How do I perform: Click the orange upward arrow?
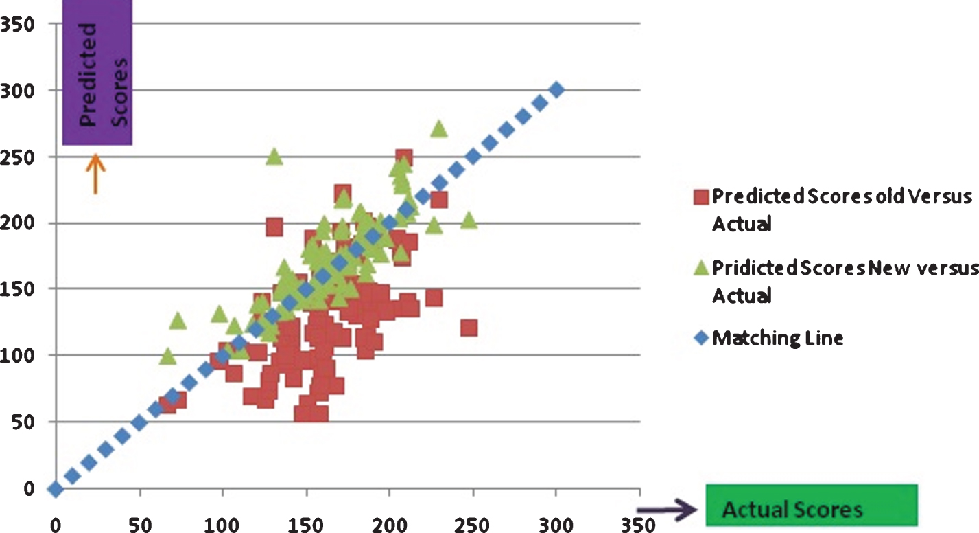click(95, 172)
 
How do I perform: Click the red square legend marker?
click(700, 197)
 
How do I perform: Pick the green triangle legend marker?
click(700, 269)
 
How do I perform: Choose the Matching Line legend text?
click(778, 338)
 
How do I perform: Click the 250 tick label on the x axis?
click(473, 525)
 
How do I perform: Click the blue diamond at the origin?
click(55, 489)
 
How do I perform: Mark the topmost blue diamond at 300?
click(556, 90)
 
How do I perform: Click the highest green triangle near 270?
click(439, 128)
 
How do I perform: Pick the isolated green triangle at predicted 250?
click(274, 157)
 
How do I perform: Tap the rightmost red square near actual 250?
click(469, 328)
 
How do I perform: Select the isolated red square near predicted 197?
click(274, 227)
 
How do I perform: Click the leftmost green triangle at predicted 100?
click(167, 356)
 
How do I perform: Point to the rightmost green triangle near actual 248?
click(469, 220)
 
